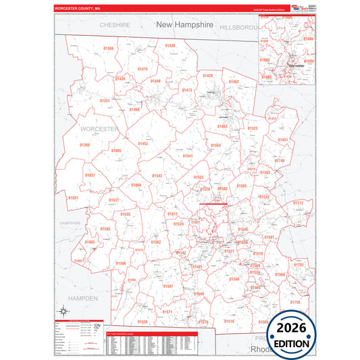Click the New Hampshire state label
(184, 24)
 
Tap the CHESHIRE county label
(114, 24)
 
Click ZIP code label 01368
(109, 49)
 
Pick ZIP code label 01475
(143, 69)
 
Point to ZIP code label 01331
(105, 101)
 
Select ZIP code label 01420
(207, 76)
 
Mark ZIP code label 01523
(253, 128)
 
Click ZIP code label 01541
(188, 156)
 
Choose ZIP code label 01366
(84, 145)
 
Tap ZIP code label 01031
(73, 198)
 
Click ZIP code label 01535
(126, 214)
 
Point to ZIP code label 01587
(168, 286)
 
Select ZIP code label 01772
(298, 203)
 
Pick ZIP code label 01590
(234, 279)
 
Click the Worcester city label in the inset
(295, 66)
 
